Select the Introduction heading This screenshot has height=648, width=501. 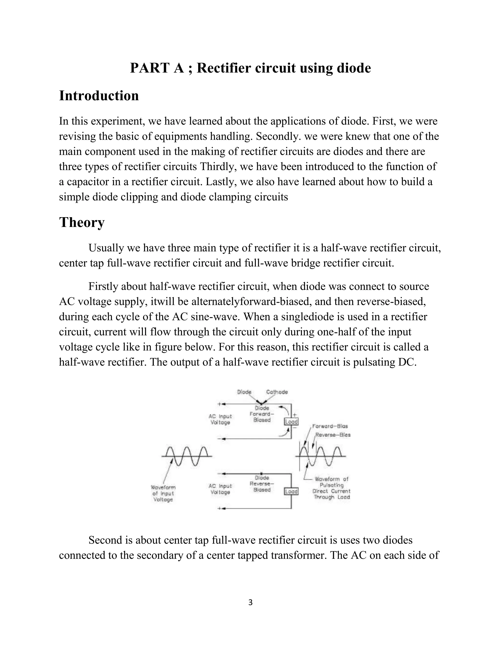pos(99,96)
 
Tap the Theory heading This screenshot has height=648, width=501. pos(82,222)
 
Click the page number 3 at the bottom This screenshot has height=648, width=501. pos(250,602)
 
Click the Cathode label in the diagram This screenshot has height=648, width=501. pos(277,392)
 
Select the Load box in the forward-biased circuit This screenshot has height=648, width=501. pos(291,422)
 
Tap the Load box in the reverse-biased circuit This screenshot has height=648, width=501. pos(291,492)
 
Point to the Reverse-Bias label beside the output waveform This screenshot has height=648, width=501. pos(332,435)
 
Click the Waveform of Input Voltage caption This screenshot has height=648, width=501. pos(163,493)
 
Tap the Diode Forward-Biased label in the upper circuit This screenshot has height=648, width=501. pos(262,414)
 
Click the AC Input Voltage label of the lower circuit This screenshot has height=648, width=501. pos(220,489)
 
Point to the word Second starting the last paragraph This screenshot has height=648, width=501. pos(105,540)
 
